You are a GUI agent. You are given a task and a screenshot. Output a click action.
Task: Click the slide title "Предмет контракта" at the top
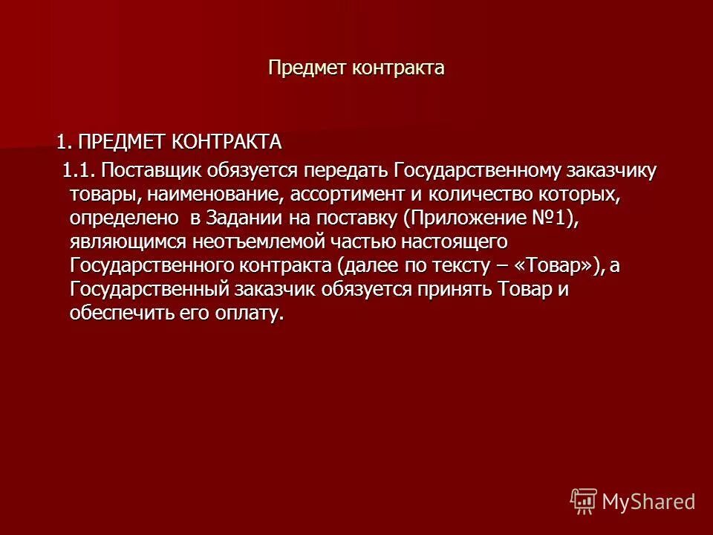coord(356,68)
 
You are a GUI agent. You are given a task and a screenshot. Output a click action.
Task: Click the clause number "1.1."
coord(79,170)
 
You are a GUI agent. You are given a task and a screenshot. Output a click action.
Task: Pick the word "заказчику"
coord(612,170)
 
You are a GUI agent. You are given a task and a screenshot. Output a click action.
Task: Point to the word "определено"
coord(124,219)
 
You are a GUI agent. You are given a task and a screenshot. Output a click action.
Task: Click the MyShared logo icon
coord(584,501)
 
